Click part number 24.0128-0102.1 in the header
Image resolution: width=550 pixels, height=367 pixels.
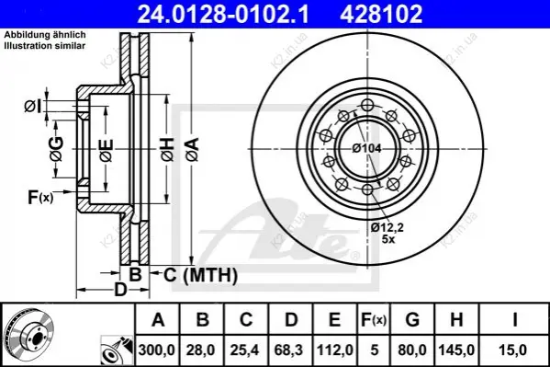tap(223, 14)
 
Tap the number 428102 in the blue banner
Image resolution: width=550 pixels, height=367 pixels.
tap(381, 14)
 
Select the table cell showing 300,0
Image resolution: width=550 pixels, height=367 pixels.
tap(157, 350)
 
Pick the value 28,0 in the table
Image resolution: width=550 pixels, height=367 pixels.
tap(202, 350)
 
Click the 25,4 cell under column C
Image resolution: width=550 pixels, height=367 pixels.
tap(245, 350)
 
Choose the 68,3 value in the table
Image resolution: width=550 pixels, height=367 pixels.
tap(289, 350)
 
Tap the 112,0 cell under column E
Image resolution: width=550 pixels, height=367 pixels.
tap(335, 350)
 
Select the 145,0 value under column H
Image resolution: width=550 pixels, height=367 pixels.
tap(456, 350)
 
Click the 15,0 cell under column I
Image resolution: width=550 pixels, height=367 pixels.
tap(514, 350)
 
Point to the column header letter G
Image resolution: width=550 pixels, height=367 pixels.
tap(412, 319)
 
